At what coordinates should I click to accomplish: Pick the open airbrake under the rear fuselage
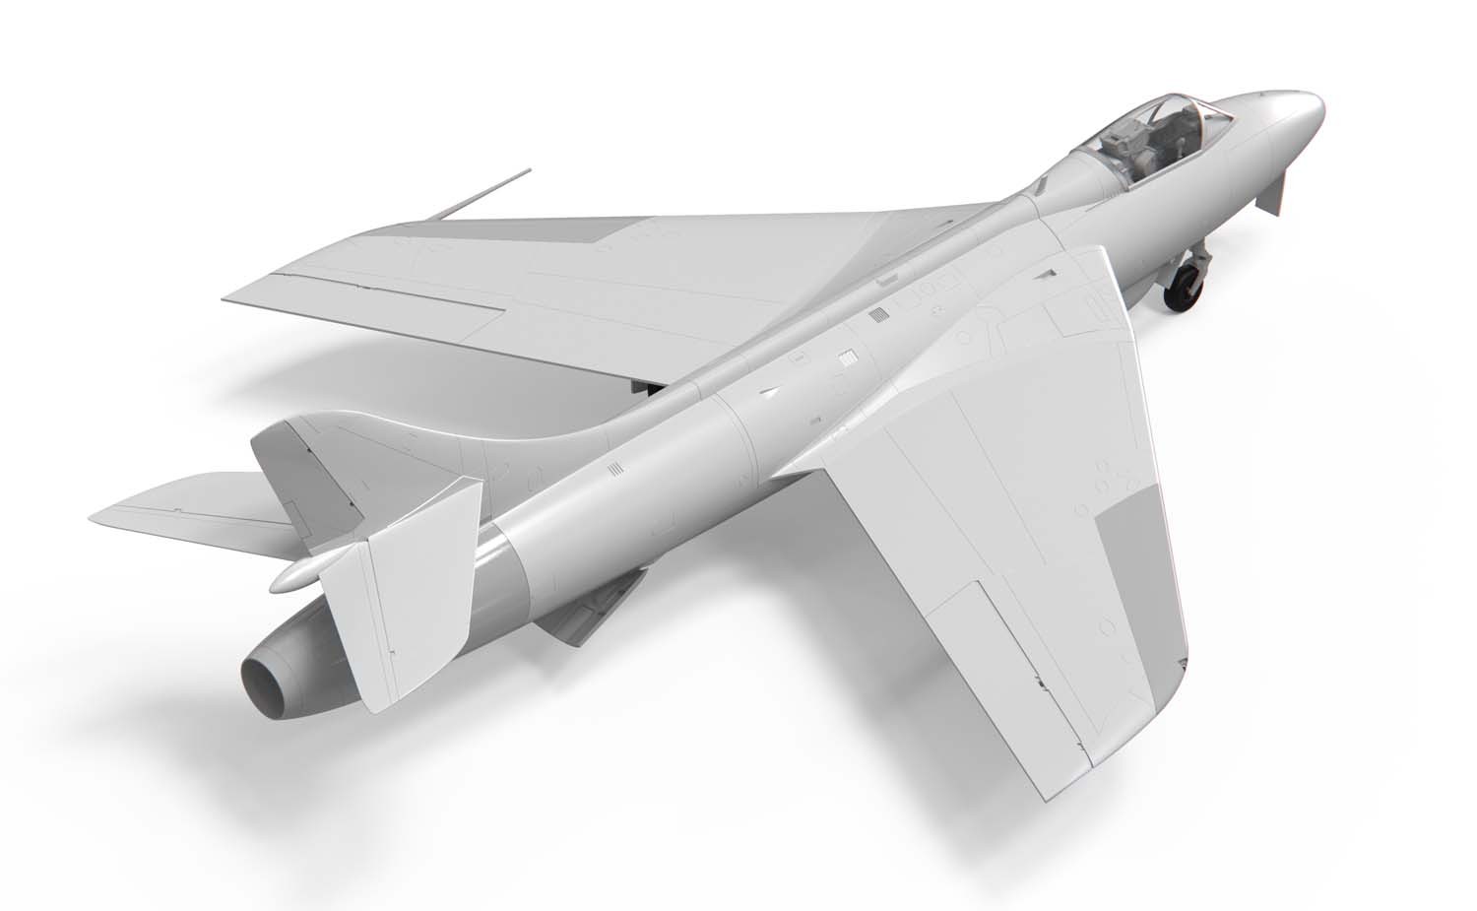(x=591, y=616)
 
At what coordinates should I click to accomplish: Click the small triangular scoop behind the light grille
(x=769, y=391)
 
